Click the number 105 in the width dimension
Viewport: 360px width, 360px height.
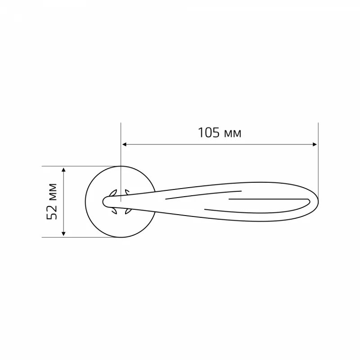tap(209, 133)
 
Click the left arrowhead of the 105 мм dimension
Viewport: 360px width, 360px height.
tap(124, 144)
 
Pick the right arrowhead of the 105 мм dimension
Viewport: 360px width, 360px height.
tap(315, 144)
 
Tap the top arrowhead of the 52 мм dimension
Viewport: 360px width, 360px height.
tap(63, 170)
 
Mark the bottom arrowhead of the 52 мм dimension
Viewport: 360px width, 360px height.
tap(63, 234)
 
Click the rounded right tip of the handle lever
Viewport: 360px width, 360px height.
tap(318, 202)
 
